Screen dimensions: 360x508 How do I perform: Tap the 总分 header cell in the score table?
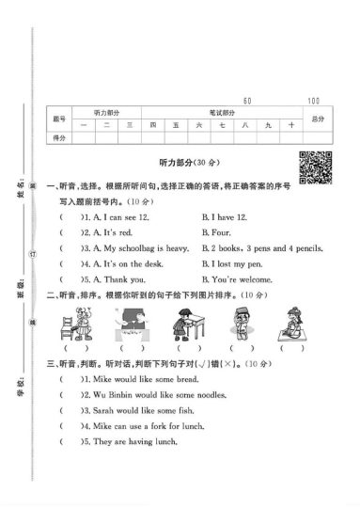tap(317, 118)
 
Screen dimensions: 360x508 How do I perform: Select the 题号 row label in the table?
tap(59, 118)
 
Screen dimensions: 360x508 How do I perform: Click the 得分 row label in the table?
tap(59, 137)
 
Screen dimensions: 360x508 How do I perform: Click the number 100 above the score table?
tap(312, 100)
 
